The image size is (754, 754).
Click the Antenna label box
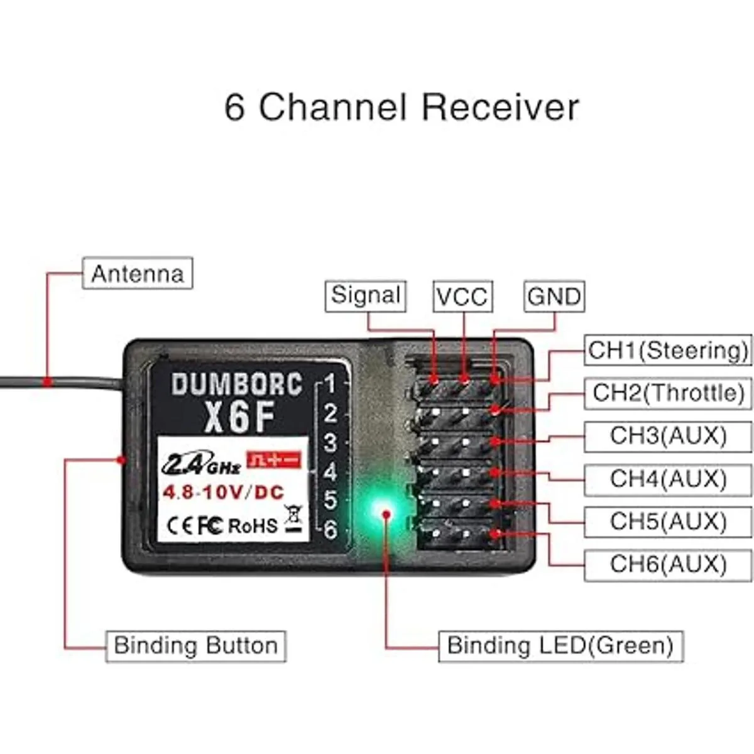coord(138,274)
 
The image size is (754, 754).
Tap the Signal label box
coord(366,295)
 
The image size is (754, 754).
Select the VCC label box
coord(462,297)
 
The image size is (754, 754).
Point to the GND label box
coord(554,297)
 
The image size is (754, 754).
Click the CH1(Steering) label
coord(668,350)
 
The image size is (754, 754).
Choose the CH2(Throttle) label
coord(668,393)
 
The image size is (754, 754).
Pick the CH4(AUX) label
coord(668,479)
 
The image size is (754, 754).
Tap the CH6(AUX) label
coord(668,564)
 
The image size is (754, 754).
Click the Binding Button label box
coord(195,646)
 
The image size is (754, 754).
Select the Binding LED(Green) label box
coord(560,646)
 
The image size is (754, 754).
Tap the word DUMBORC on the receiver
coord(236,385)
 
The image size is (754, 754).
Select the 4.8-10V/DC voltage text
coord(224,492)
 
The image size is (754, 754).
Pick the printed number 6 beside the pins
coord(331,530)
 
